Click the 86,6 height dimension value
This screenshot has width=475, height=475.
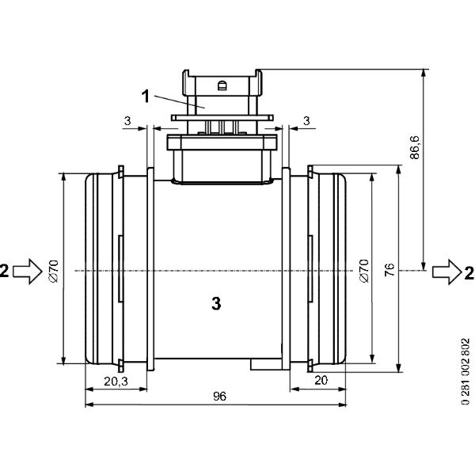(415, 147)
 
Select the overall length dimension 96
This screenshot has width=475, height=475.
(219, 397)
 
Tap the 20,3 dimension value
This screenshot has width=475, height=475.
(116, 382)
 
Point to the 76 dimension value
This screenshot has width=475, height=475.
(389, 270)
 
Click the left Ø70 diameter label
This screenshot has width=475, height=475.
(54, 271)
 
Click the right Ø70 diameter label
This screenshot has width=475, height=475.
(364, 271)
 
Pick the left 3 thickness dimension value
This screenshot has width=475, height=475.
(127, 120)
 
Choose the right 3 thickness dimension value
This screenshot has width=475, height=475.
(307, 120)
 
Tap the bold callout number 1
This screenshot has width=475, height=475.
(146, 97)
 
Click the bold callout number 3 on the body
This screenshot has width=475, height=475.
(216, 303)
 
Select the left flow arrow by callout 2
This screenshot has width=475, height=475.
(28, 271)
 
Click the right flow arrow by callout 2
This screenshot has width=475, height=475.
(446, 272)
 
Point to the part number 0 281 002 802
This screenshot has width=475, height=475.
(465, 371)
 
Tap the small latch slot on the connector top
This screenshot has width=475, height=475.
(222, 85)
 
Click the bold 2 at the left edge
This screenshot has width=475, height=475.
(4, 271)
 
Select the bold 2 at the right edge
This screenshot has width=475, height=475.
(469, 273)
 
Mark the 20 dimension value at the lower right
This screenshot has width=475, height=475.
(321, 380)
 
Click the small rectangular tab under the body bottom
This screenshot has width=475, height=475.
(267, 364)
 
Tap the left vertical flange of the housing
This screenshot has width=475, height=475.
(150, 269)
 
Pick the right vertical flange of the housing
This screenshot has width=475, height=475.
(287, 269)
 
